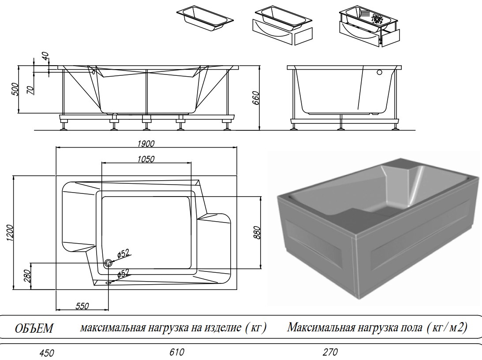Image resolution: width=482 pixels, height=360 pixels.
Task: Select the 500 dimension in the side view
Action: [x=15, y=90]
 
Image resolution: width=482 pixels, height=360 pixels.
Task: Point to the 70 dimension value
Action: [x=30, y=90]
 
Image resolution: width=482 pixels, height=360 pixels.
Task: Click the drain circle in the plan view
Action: [x=108, y=263]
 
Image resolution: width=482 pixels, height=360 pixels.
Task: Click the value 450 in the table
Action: [x=46, y=353]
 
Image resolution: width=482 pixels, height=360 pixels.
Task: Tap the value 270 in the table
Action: [x=330, y=352]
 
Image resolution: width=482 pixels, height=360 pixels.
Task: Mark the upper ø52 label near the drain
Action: [x=123, y=253]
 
